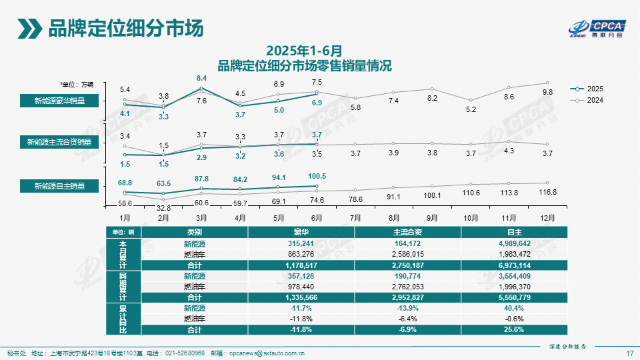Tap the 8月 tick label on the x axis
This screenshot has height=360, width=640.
393,217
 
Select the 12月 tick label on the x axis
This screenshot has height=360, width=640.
547,217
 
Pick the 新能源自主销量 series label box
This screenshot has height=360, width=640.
61,186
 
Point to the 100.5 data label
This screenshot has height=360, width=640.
317,176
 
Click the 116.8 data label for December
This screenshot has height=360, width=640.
547,193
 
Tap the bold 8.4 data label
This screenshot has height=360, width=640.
202,79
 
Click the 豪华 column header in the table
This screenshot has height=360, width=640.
301,232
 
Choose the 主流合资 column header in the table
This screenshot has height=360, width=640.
407,232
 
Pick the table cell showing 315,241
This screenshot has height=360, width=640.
301,244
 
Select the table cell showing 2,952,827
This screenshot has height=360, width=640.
407,297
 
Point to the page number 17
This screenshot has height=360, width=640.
629,353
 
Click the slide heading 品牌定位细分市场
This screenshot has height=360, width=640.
125,29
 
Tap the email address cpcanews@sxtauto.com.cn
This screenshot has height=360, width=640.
267,353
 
